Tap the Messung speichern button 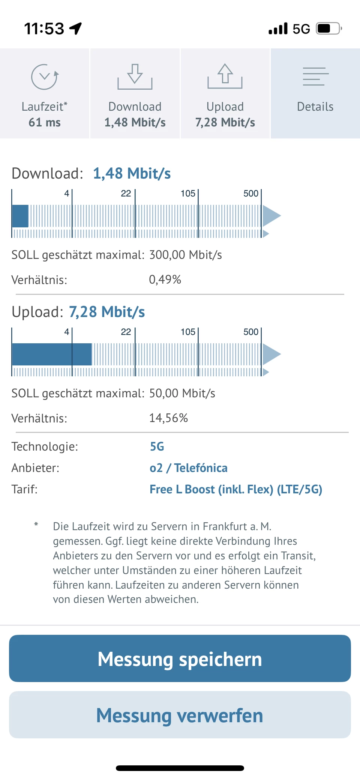click(180, 658)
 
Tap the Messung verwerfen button click(180, 715)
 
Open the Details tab click(315, 93)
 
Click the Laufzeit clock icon click(45, 77)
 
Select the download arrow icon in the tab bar click(135, 77)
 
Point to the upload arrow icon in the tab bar click(225, 76)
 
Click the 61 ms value click(45, 122)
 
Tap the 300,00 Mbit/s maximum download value click(186, 255)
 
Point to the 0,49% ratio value click(165, 280)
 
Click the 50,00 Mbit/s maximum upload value click(182, 393)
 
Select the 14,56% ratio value click(168, 418)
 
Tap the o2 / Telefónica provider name click(188, 468)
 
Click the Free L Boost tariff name click(235, 489)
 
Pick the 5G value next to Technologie click(157, 446)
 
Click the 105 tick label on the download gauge click(188, 194)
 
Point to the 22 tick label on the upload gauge click(126, 332)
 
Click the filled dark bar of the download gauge click(20, 216)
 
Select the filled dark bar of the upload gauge click(52, 354)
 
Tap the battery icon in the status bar click(328, 29)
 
